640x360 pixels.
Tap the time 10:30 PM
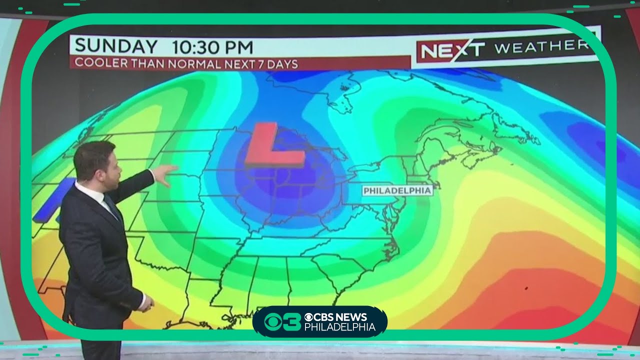[212, 47]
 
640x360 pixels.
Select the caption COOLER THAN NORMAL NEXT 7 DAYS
[186, 64]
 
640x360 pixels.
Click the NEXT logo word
[452, 50]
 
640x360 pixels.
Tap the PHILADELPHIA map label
[397, 190]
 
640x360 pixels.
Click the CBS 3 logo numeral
[283, 321]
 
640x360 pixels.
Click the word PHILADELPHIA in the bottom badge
[339, 327]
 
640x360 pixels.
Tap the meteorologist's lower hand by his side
[145, 303]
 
